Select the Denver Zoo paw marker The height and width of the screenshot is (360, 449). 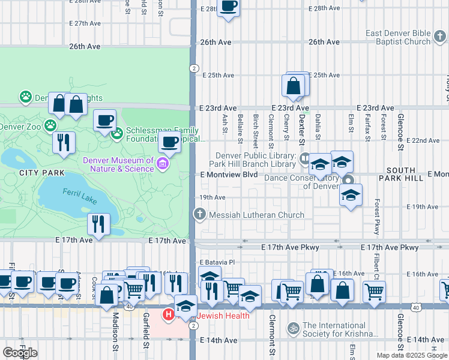pyautogui.click(x=50, y=126)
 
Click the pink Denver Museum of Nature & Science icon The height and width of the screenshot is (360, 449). pyautogui.click(x=161, y=164)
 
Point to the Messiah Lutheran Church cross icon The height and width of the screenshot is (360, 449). pyautogui.click(x=199, y=214)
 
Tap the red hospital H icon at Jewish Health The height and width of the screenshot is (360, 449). pyautogui.click(x=169, y=313)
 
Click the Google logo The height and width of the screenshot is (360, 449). pyautogui.click(x=20, y=353)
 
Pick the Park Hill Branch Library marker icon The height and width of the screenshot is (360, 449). pyautogui.click(x=304, y=158)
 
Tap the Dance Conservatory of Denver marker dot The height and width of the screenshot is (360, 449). pyautogui.click(x=347, y=179)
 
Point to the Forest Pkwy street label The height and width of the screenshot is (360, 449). pyautogui.click(x=378, y=217)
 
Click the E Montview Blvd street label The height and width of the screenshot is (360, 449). pyautogui.click(x=229, y=175)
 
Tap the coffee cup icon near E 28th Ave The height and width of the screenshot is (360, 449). pyautogui.click(x=228, y=7)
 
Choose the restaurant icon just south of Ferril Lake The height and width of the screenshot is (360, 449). pyautogui.click(x=97, y=224)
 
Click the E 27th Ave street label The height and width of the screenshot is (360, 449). pyautogui.click(x=85, y=23)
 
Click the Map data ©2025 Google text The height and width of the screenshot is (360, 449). pyautogui.click(x=411, y=355)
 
